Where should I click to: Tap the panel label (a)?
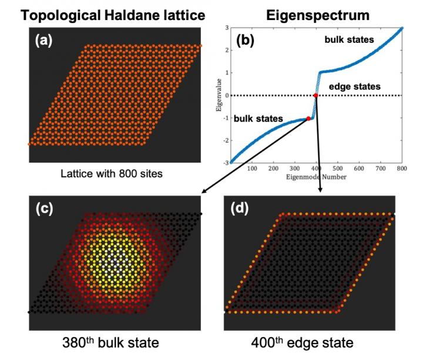click(46, 41)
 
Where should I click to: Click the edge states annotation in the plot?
click(355, 87)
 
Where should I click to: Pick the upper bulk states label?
click(348, 39)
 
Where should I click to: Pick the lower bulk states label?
click(259, 119)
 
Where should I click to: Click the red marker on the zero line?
click(315, 95)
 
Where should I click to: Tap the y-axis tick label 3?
click(225, 28)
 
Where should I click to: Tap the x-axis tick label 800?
click(402, 169)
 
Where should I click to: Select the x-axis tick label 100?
click(253, 169)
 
